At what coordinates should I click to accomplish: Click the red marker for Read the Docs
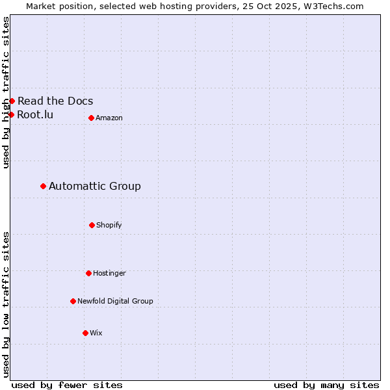click(12, 101)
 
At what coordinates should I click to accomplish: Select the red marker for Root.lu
click(11, 114)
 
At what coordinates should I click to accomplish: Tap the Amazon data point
click(91, 118)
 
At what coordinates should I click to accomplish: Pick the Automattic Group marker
click(43, 186)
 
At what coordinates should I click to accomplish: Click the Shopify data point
click(92, 225)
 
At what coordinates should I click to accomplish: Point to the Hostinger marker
click(88, 273)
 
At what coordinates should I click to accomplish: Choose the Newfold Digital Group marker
click(73, 301)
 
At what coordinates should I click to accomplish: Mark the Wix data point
click(85, 333)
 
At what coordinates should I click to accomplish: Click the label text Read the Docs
click(55, 101)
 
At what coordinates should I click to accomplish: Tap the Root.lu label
click(35, 114)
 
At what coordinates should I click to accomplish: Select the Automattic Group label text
click(95, 186)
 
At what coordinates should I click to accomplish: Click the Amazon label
click(109, 118)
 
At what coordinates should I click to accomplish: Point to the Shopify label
click(109, 225)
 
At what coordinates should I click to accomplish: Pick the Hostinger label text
click(109, 273)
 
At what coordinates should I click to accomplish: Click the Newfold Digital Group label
click(115, 301)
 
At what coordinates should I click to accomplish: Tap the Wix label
click(96, 333)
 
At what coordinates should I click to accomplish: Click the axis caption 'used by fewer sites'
click(67, 385)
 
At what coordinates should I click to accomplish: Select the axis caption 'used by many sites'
click(326, 385)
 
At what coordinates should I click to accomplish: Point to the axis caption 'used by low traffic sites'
click(6, 304)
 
